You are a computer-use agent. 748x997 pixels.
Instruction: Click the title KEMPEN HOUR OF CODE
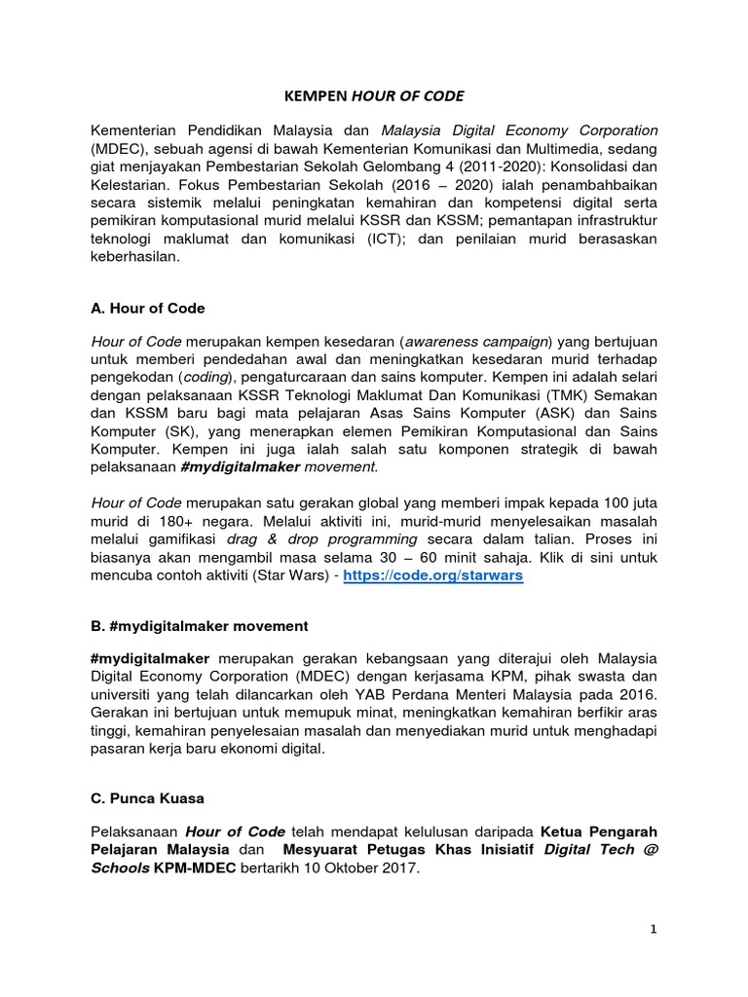click(x=373, y=96)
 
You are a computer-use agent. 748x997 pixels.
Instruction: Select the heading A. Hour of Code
click(x=148, y=308)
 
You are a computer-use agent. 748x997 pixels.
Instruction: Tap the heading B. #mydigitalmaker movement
click(x=200, y=625)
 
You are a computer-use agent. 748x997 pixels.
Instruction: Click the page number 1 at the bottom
click(x=655, y=930)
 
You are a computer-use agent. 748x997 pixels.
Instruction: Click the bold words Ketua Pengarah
click(x=598, y=832)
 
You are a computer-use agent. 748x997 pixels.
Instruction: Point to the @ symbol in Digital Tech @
click(x=652, y=851)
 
